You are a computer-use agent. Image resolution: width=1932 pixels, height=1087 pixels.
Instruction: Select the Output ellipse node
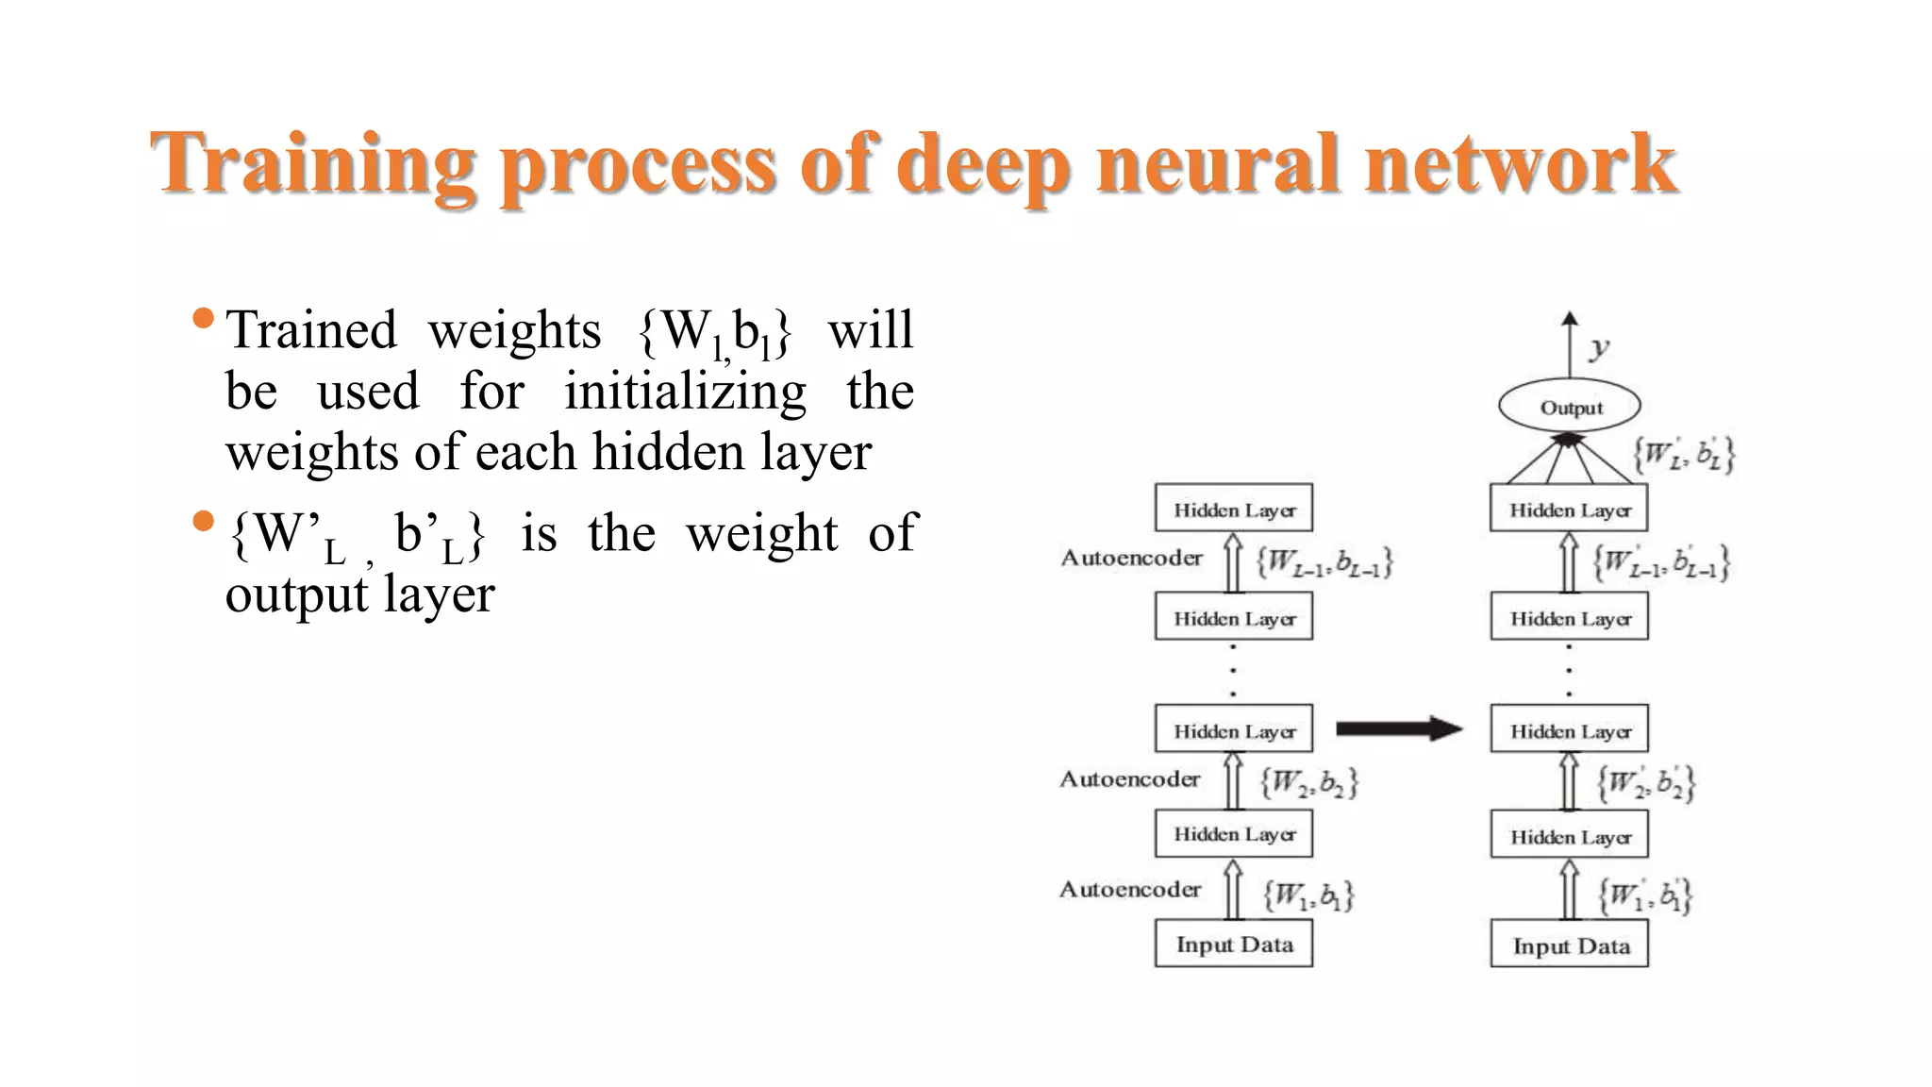point(1569,408)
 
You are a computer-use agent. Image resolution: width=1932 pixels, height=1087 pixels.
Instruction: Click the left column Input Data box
point(1233,945)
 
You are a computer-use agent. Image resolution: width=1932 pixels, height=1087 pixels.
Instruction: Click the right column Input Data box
point(1570,945)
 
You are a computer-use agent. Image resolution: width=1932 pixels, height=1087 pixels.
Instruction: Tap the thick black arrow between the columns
point(1399,728)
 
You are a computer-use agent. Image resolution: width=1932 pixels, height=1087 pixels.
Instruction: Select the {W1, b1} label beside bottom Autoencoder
point(1308,895)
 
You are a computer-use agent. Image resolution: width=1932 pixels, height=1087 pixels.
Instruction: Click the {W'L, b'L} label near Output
point(1684,455)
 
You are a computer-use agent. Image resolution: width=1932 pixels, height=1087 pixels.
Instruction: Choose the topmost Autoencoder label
point(1131,558)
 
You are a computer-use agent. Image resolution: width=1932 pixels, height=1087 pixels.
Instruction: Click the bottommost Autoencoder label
point(1130,889)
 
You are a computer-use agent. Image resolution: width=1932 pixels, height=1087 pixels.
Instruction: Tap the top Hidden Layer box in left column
point(1233,510)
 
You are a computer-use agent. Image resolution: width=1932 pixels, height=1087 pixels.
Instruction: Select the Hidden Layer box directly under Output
point(1569,510)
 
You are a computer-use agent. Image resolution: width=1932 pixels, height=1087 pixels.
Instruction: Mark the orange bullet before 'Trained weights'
point(203,318)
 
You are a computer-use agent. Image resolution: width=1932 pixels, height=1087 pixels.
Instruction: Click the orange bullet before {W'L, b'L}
point(203,521)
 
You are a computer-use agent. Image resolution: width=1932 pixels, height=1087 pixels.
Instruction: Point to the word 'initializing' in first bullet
point(685,391)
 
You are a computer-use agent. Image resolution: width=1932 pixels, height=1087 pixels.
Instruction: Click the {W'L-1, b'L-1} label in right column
point(1661,563)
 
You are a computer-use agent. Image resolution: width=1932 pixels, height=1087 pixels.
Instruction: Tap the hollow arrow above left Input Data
point(1232,889)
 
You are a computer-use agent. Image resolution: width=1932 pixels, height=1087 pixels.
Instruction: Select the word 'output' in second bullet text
point(296,595)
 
